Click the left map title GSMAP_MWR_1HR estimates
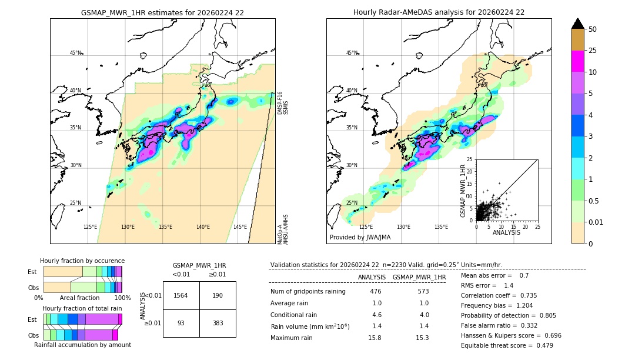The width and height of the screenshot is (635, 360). [162, 12]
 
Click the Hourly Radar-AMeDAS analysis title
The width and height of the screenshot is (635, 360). [439, 12]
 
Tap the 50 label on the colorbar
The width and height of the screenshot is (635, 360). [593, 29]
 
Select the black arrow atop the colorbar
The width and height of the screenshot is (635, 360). [578, 24]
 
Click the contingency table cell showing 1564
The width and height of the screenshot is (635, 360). [181, 295]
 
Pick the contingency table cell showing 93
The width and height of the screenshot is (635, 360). [181, 324]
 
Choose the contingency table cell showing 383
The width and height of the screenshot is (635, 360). [218, 324]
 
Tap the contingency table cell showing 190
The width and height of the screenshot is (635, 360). [218, 295]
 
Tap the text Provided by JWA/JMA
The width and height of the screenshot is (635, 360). [360, 238]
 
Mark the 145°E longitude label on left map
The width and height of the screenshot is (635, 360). [240, 227]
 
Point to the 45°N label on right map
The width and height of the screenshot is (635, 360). [352, 53]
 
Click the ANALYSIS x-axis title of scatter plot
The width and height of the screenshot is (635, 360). [506, 233]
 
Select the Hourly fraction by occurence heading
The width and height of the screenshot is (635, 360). [82, 261]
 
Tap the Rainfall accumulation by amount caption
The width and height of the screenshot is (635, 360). [82, 345]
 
